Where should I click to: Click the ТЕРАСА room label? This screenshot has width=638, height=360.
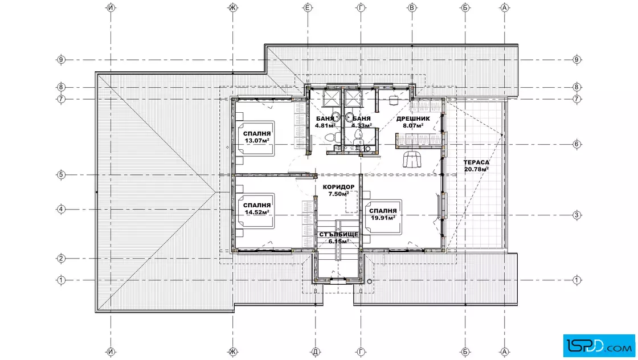476,162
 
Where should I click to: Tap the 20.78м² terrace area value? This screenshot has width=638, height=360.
476,169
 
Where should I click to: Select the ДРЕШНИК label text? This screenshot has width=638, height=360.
413,119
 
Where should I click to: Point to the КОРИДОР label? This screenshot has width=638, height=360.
338,187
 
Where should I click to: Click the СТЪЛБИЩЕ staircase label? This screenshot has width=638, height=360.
338,235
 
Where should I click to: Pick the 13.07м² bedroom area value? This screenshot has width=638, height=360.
257,141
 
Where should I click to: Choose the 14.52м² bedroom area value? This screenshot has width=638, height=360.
257,212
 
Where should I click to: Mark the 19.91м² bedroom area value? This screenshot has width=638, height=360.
383,218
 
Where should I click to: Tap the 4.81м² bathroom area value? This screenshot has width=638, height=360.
325,126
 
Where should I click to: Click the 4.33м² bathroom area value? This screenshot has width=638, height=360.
362,126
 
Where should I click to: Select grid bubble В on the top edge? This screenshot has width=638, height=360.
412,7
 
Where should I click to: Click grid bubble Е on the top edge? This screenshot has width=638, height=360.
308,7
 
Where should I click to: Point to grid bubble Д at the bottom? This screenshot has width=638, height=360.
315,352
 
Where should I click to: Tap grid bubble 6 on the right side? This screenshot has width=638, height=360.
576,144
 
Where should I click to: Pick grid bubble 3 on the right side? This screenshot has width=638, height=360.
576,215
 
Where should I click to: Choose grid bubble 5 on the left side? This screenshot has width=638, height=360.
61,175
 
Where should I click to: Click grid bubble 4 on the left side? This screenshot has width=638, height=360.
61,210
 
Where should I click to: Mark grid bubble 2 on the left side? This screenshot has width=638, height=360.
61,258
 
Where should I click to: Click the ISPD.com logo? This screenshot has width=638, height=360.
599,346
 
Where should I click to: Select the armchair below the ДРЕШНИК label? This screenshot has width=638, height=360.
412,159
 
